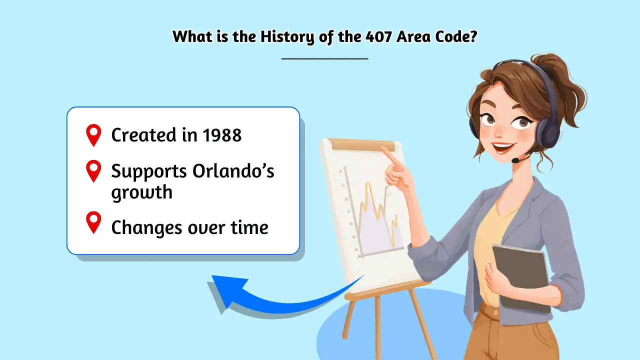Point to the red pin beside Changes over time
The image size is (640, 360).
click(93, 222)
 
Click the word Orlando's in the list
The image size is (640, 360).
click(233, 171)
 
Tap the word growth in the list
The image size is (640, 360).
click(141, 192)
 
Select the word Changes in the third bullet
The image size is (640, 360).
click(145, 227)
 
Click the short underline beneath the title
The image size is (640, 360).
click(324, 59)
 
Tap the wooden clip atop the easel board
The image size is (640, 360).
click(363, 145)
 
